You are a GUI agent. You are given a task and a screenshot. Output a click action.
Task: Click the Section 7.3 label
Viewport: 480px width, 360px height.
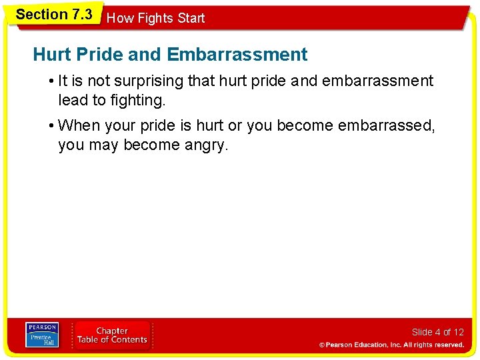[x=54, y=15]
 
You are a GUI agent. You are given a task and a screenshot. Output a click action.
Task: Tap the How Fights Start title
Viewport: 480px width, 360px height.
[x=156, y=19]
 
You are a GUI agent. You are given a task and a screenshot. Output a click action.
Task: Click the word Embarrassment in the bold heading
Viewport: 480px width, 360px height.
[x=237, y=54]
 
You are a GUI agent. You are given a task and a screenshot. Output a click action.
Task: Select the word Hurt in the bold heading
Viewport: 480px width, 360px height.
[x=51, y=54]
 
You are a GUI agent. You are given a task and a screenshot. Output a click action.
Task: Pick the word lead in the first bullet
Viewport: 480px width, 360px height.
[x=71, y=101]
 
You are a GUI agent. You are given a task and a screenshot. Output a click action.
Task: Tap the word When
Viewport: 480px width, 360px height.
[x=79, y=126]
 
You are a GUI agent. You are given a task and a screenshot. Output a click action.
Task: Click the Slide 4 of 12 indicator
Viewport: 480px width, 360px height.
[x=437, y=332]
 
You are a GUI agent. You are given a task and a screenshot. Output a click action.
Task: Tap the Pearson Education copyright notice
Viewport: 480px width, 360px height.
[x=391, y=345]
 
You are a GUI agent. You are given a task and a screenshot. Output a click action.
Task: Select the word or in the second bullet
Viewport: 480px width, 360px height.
[x=236, y=126]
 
